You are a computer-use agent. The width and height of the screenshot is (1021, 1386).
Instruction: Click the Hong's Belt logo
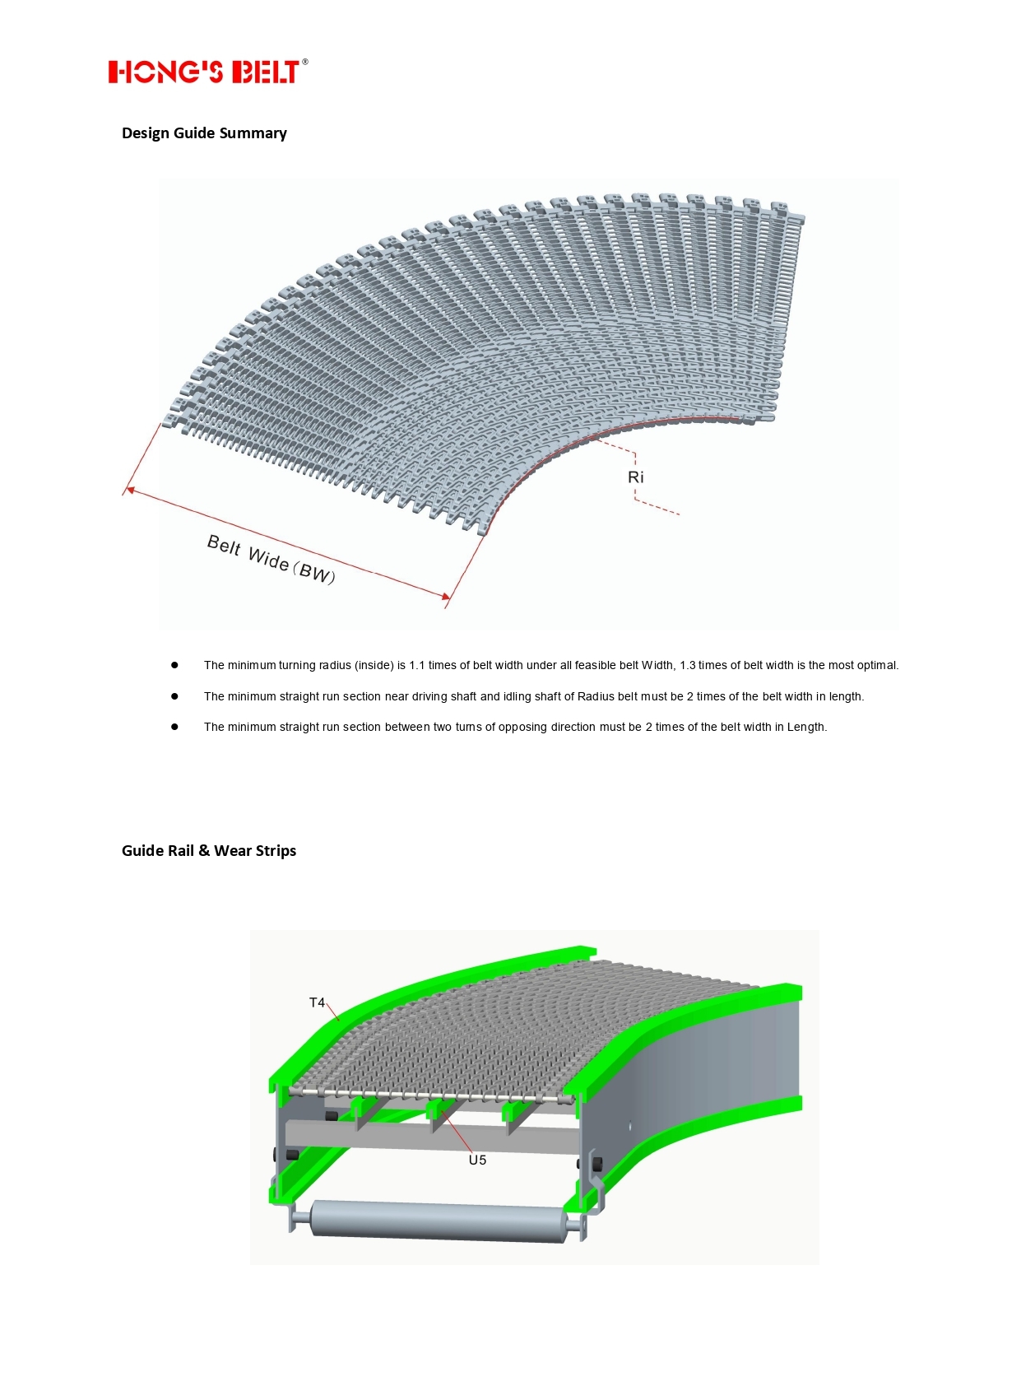pyautogui.click(x=203, y=72)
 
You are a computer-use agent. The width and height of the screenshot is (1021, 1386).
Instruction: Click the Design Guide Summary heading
pyautogui.click(x=204, y=133)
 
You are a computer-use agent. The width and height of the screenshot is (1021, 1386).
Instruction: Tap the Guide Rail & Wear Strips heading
pyautogui.click(x=209, y=851)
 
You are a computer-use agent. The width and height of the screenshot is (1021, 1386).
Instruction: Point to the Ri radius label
pyautogui.click(x=635, y=477)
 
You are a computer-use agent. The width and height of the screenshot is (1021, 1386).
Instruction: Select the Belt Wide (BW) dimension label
pyautogui.click(x=271, y=560)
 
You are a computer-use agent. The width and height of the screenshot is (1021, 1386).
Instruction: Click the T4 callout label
pyautogui.click(x=317, y=1002)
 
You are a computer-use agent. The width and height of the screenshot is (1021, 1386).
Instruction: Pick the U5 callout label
pyautogui.click(x=477, y=1160)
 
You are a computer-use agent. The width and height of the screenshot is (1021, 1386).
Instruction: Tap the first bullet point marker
pyautogui.click(x=174, y=665)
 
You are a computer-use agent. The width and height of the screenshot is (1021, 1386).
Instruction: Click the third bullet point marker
pyautogui.click(x=174, y=727)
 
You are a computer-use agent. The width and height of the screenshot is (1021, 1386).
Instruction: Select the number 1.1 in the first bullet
pyautogui.click(x=417, y=666)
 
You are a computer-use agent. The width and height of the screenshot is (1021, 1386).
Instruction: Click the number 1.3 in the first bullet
pyautogui.click(x=687, y=666)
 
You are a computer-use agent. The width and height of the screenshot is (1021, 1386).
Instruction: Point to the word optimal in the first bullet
pyautogui.click(x=876, y=666)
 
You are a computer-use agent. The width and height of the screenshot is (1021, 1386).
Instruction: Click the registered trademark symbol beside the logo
pyautogui.click(x=305, y=62)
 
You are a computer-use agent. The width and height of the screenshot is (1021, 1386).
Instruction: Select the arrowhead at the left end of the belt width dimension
pyautogui.click(x=130, y=491)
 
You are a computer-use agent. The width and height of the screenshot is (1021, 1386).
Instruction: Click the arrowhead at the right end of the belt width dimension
pyautogui.click(x=447, y=596)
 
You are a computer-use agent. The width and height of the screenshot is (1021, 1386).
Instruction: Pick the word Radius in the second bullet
pyautogui.click(x=596, y=697)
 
